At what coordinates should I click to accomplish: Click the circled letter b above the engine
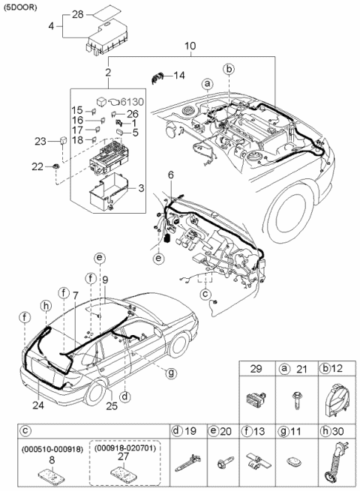[229, 70]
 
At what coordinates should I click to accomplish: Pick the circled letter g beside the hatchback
[172, 372]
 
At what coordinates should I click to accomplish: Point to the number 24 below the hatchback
[39, 406]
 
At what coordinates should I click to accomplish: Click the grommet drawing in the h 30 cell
[331, 463]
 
